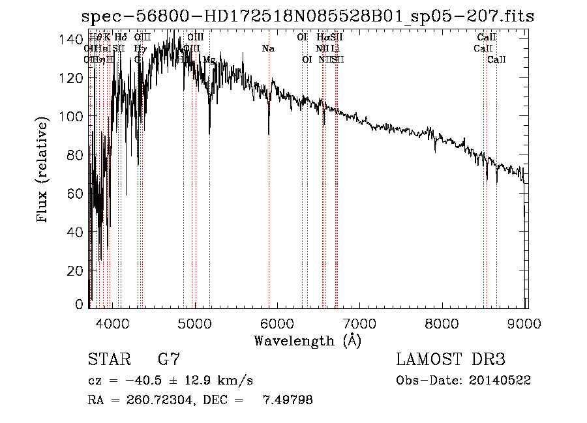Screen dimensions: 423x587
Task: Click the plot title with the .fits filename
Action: coord(307,16)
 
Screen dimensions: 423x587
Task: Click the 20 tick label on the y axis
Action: coord(76,270)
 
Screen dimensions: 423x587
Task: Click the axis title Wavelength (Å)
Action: coord(307,340)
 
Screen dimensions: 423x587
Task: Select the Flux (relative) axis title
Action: coord(44,171)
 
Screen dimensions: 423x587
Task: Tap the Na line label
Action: coord(268,48)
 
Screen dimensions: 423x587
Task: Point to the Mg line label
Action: coord(209,59)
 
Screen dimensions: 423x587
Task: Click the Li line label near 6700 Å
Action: coord(335,48)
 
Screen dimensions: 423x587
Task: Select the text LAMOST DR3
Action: coord(450,360)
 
